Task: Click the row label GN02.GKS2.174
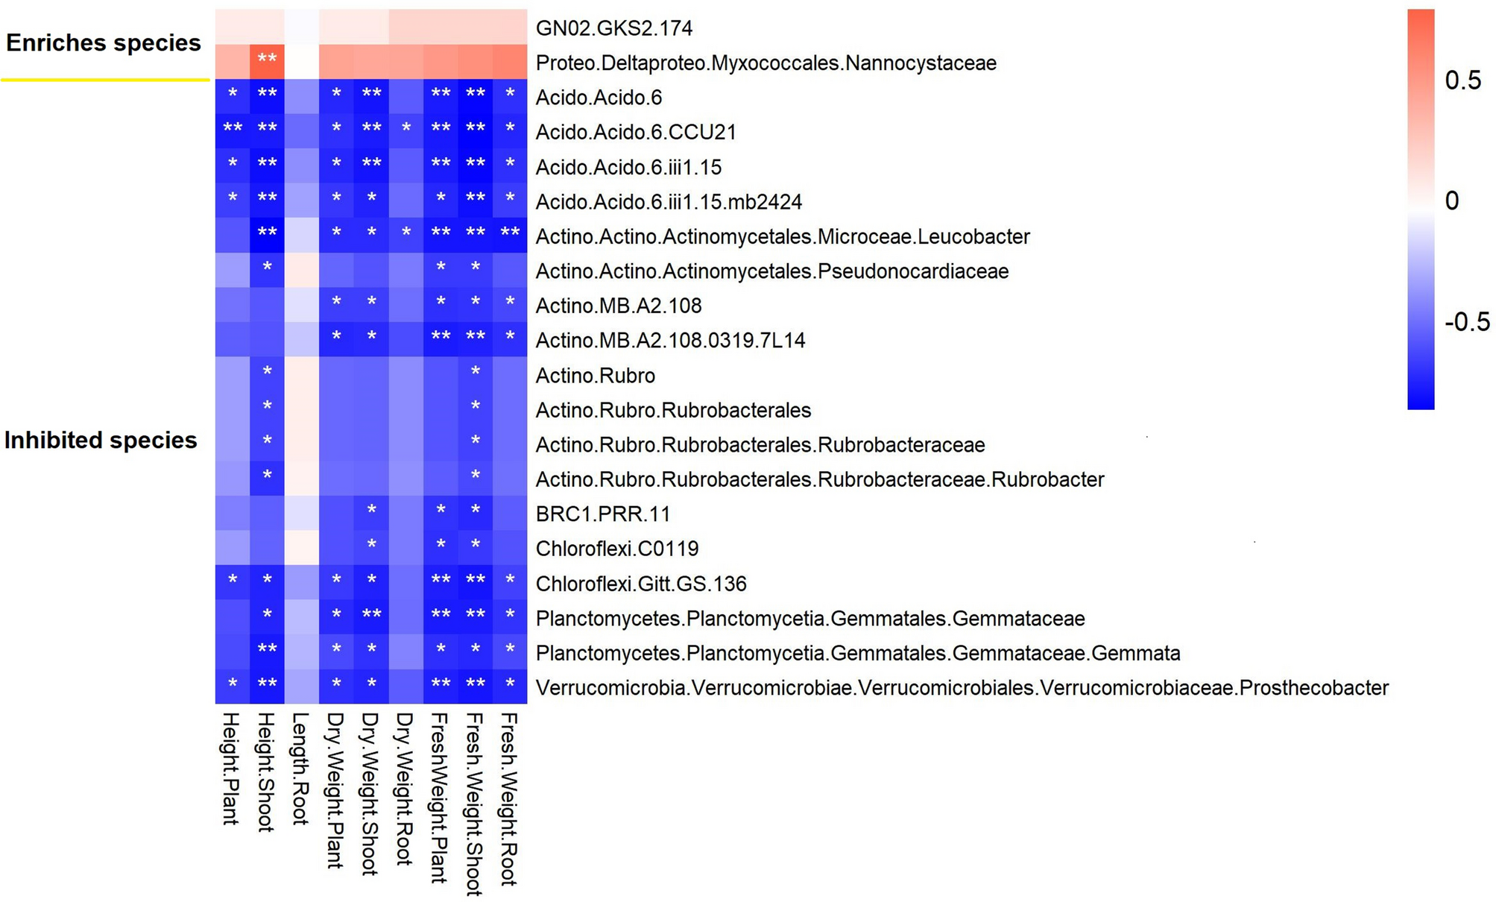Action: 613,28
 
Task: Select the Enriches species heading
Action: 104,43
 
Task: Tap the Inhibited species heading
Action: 101,441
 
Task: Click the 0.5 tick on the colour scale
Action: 1462,81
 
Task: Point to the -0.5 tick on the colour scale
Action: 1466,322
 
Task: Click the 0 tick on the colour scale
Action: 1451,201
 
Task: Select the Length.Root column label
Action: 300,768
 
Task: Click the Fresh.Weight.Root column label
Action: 508,798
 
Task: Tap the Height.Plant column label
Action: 231,768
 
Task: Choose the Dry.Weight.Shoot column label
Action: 370,792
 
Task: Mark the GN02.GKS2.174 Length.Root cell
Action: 302,28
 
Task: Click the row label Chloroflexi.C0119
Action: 616,549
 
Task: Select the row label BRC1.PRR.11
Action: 602,514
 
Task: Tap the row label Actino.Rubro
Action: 595,376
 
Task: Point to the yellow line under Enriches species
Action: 104,79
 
